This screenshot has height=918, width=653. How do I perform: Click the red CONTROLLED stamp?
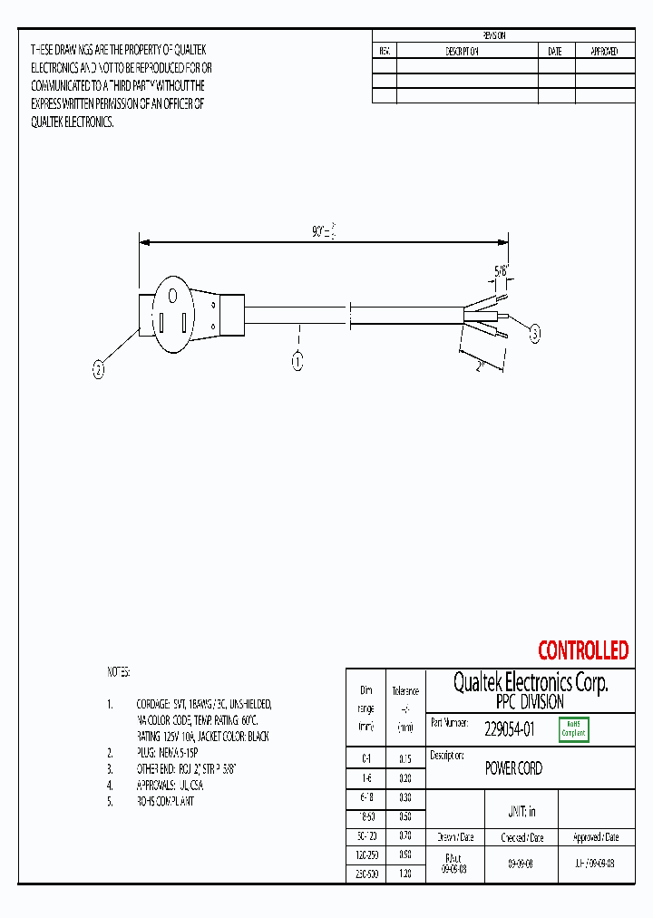(582, 650)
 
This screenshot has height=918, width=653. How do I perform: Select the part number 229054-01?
(509, 728)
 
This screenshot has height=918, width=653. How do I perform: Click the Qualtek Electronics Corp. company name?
(530, 683)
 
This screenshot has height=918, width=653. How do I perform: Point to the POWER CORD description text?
(513, 768)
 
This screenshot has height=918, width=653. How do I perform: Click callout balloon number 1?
(297, 362)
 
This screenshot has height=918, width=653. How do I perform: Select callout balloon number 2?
(99, 368)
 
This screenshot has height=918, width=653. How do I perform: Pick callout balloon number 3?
(534, 335)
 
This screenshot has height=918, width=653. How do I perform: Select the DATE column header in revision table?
(555, 52)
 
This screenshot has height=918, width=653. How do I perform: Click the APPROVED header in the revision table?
(604, 52)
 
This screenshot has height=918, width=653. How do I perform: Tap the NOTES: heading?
(119, 672)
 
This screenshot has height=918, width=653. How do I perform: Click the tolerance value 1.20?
(405, 873)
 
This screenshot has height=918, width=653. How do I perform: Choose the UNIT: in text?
(521, 811)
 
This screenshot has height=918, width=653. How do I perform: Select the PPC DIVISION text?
(530, 702)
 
